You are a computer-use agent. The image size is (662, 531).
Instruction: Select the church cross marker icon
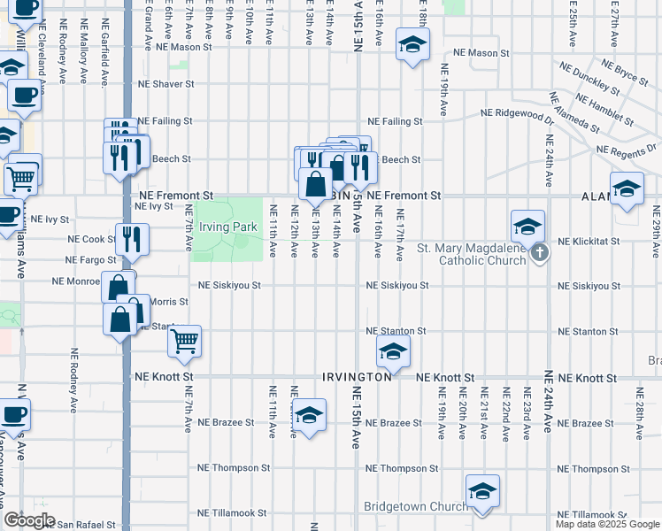[540, 254]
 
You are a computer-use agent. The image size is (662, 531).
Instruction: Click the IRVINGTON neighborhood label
[357, 377]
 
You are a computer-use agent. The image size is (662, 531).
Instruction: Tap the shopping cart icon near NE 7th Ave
[184, 340]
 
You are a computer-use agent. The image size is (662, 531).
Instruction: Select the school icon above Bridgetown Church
[482, 491]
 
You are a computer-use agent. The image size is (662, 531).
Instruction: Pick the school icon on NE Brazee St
[309, 415]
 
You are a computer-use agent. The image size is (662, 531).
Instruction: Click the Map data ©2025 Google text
[608, 524]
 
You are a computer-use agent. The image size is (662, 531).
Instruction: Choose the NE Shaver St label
[165, 85]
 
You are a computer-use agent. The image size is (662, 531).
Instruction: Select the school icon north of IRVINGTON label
[394, 351]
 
